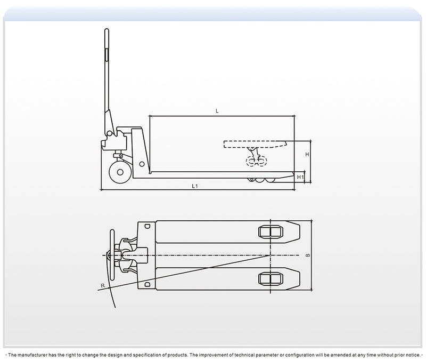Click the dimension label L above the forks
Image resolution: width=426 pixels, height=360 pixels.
pos(217,111)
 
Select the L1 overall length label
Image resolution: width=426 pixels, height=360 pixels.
pos(195,186)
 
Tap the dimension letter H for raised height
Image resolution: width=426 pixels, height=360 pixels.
pos(307,154)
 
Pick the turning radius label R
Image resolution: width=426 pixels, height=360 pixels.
pos(102,286)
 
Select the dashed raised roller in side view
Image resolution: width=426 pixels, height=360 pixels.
pos(256,161)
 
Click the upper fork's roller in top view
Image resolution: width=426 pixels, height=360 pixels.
pos(270,231)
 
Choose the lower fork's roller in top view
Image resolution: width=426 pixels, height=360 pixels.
pos(270,278)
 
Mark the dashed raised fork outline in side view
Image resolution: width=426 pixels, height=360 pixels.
pos(255,143)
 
